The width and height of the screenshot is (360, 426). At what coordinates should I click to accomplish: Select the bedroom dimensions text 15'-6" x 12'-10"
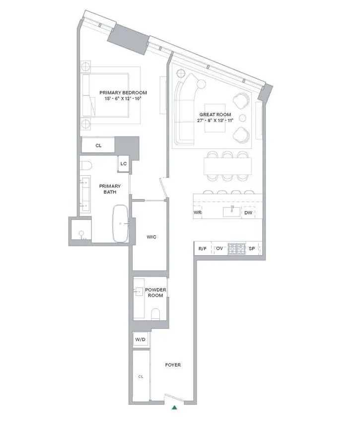coord(123,99)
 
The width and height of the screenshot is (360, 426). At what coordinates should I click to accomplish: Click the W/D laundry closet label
coord(140,340)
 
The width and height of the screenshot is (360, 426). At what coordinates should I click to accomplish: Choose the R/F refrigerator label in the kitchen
coord(202,248)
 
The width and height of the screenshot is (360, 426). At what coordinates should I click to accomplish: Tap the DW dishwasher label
coord(248,213)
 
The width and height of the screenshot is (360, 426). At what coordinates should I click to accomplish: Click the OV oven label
coord(219,248)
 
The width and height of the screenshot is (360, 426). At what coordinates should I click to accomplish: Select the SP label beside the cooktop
coord(252,248)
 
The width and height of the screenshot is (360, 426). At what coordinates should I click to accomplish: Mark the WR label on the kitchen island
coord(198,213)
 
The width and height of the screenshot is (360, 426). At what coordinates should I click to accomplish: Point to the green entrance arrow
coord(174,408)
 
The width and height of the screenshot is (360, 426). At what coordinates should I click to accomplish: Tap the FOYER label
coord(173,365)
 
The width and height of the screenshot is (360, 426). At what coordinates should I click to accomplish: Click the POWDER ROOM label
coord(155,292)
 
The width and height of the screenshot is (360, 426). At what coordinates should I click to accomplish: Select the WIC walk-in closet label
coord(151,237)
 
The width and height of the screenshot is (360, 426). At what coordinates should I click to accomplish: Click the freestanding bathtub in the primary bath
coord(121,224)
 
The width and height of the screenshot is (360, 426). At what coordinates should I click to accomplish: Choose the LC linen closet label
coord(123,164)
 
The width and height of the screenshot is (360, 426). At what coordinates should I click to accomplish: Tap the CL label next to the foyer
coord(141,376)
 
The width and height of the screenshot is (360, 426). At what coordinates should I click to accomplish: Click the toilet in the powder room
coord(155,313)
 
